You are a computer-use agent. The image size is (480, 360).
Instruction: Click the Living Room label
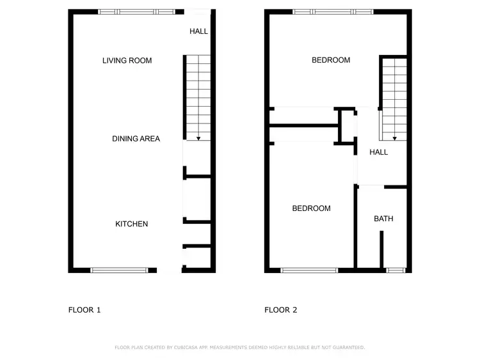pos(127,61)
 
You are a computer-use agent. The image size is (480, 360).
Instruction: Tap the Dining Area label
pos(136,139)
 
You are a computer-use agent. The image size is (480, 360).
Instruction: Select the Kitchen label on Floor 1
pos(131,224)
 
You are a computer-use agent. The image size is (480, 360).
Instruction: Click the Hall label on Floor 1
pos(198,31)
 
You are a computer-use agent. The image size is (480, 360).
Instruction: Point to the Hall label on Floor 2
pos(379,152)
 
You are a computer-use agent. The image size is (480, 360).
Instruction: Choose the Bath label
pos(383,219)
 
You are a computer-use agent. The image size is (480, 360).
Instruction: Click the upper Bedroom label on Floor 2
pos(331,60)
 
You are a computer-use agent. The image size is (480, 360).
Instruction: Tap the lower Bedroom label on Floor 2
pos(312,208)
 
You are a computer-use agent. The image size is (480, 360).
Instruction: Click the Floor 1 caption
pos(84,310)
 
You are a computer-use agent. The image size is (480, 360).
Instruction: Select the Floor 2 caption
pos(281,310)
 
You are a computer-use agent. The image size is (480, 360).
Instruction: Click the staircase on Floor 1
pos(198,96)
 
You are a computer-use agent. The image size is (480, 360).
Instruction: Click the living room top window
pos(136,12)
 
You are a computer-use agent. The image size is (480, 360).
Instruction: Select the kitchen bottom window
pos(120,270)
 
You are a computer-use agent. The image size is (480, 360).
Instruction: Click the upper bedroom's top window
pos(333,12)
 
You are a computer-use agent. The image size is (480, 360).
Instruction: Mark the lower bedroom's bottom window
pos(309,270)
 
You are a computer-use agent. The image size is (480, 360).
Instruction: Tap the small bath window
pos(396,270)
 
